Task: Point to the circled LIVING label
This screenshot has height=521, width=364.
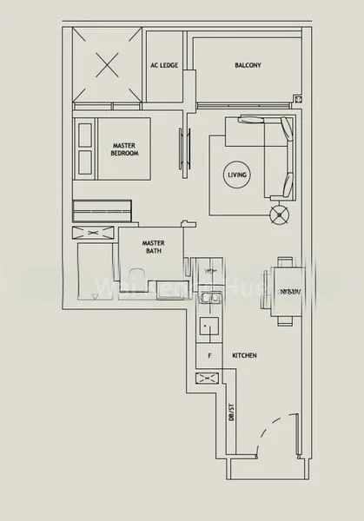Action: (x=237, y=175)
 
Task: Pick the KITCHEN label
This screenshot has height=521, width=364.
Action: (x=244, y=356)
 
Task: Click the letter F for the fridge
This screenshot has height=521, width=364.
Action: (x=208, y=356)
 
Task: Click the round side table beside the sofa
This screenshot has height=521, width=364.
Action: (x=279, y=214)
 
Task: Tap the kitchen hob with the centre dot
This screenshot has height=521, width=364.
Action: (x=208, y=328)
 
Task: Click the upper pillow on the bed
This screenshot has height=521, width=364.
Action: (x=85, y=135)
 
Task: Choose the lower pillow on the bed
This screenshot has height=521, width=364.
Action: (x=85, y=160)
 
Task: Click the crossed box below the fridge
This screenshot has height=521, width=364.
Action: (x=208, y=378)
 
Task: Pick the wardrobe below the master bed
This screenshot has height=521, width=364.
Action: (x=102, y=209)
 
